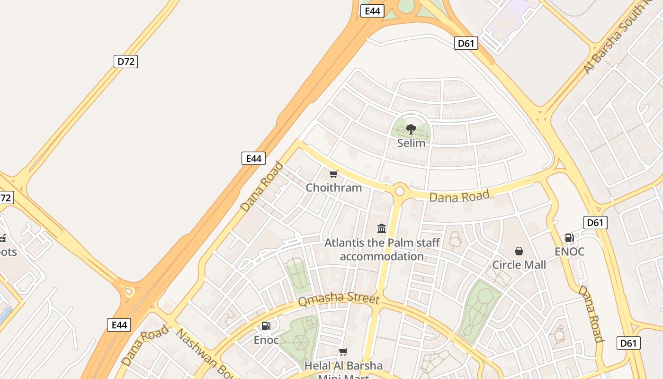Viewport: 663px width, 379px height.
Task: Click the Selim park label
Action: coord(411,143)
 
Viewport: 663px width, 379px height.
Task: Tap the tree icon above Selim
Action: coord(411,129)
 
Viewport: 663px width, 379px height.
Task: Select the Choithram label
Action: coord(334,188)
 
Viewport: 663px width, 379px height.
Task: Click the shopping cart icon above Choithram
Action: coord(334,174)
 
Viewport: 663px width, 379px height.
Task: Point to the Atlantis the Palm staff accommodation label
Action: coord(382,250)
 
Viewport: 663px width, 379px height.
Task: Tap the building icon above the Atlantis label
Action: coord(382,229)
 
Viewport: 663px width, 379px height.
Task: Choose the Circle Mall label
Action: coord(519,265)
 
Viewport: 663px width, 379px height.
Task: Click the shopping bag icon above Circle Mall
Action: coord(519,251)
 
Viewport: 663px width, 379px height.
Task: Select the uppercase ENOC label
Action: coord(569,252)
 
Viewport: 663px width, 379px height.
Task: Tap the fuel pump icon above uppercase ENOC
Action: coord(569,238)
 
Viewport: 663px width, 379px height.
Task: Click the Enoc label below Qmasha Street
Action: coord(266,340)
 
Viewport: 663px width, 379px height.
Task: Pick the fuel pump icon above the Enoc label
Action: coord(266,326)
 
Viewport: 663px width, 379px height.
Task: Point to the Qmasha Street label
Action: coord(339,299)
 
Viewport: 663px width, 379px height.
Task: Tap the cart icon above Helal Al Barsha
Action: coord(343,352)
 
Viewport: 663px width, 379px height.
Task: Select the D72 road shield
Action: coord(125,62)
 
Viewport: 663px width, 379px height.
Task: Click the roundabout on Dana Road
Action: coord(400,191)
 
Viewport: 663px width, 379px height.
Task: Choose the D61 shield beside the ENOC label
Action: coord(595,223)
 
